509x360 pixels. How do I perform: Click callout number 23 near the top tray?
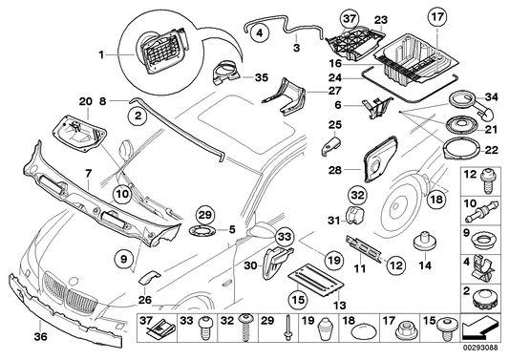(380, 19)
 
